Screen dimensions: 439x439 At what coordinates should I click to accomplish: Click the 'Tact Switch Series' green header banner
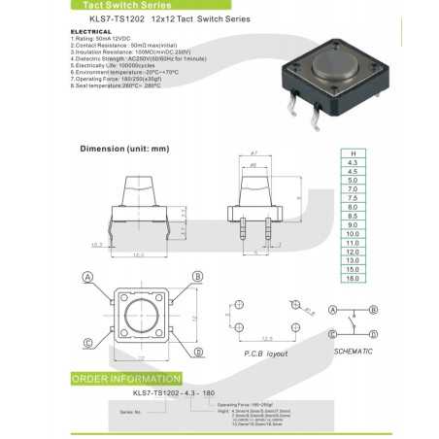(106, 5)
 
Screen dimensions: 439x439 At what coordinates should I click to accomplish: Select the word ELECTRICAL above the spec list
(91, 31)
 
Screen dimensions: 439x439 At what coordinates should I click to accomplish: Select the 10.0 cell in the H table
(351, 233)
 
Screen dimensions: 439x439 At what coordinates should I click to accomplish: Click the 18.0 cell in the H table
(351, 278)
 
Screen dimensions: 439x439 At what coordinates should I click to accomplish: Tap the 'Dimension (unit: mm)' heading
(124, 149)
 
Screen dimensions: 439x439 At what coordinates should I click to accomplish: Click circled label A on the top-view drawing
(88, 277)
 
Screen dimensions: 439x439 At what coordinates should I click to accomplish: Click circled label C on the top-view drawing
(88, 342)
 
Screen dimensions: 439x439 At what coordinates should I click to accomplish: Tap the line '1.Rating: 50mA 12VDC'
(103, 38)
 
